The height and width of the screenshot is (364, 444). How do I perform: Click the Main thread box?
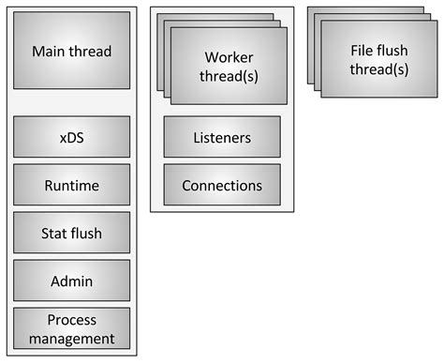pos(71,51)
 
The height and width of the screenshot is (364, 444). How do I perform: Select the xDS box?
pos(71,137)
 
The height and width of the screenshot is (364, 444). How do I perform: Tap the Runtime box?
pos(71,186)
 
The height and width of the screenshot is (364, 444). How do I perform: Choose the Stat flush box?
pos(71,234)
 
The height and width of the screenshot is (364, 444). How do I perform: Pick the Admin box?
pos(71,281)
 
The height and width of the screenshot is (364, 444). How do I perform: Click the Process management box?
pos(71,328)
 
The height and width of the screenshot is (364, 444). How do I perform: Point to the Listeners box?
pos(222,138)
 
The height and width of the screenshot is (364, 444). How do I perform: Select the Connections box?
pos(222,186)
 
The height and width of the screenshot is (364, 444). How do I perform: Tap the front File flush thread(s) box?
pos(378,58)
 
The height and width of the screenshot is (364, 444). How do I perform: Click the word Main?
pos(50,52)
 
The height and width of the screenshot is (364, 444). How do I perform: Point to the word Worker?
pos(229,57)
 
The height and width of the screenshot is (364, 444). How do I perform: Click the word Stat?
pos(56,234)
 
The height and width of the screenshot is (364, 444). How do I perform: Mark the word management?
pos(71,338)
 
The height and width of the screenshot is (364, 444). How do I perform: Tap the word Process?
pos(71,320)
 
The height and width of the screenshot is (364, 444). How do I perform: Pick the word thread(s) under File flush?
pos(379,68)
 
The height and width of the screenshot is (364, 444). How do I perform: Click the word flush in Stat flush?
pos(87,234)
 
